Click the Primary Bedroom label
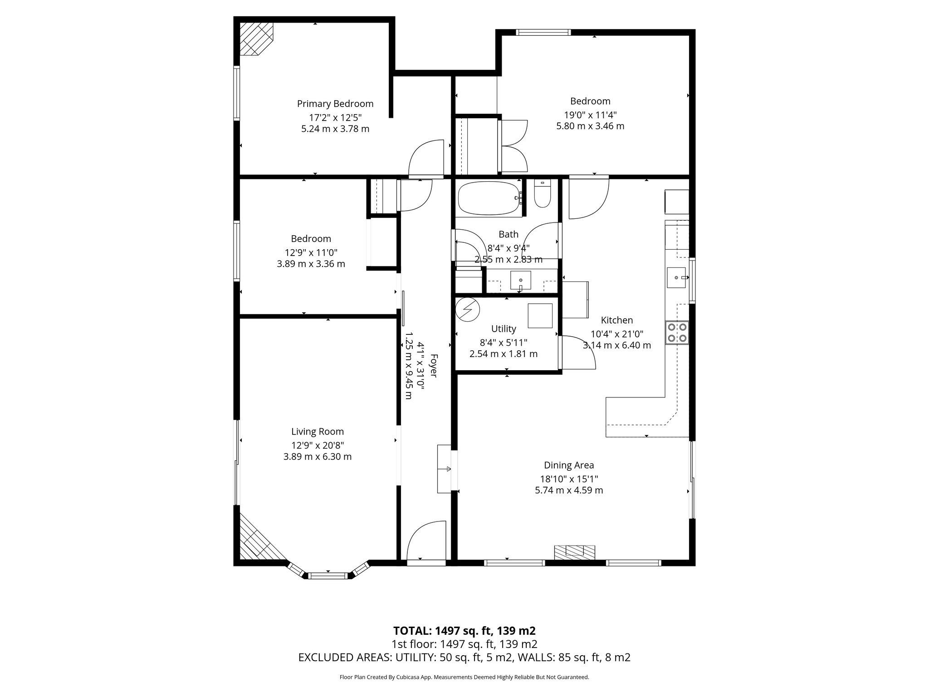335,104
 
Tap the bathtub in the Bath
489,198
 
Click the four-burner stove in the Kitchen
677,332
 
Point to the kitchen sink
676,277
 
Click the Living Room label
318,432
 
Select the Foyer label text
433,366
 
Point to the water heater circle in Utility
467,309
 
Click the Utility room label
504,329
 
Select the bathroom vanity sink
521,280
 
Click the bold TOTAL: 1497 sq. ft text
464,631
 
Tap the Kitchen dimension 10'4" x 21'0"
617,334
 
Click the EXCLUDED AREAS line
464,657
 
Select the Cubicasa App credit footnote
464,677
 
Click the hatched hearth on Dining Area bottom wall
574,551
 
